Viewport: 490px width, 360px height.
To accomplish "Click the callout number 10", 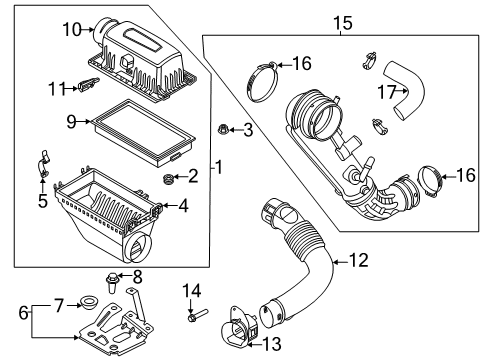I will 71,29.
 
